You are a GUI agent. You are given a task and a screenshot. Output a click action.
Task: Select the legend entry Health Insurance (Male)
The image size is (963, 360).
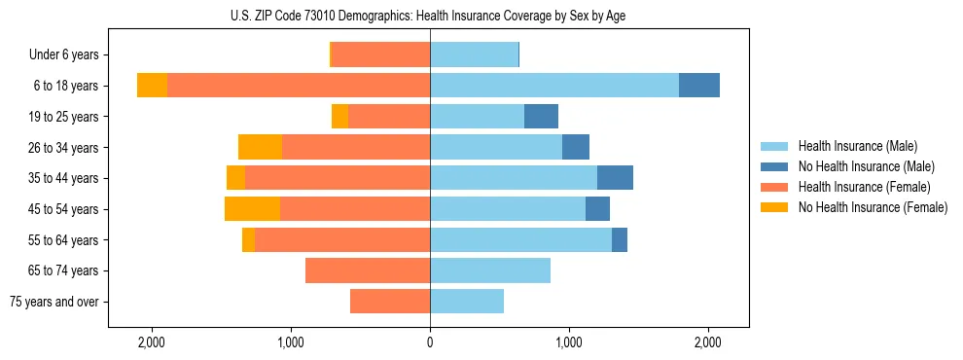[x=857, y=146]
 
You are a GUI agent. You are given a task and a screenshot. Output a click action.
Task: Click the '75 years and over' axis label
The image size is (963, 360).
[x=53, y=302]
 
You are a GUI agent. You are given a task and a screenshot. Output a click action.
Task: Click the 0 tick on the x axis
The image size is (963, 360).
[x=430, y=342]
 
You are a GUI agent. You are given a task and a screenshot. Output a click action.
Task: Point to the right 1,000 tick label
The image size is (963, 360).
[x=569, y=342]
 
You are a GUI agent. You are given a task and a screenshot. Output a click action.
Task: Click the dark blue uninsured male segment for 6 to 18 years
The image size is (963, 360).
[x=699, y=86]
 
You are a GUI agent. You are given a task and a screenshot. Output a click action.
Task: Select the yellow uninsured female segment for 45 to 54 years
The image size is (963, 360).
[x=252, y=209]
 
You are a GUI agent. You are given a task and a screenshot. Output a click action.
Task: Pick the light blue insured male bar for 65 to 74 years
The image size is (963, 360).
[x=490, y=270]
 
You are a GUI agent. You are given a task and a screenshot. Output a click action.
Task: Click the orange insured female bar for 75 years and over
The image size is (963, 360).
[x=390, y=302]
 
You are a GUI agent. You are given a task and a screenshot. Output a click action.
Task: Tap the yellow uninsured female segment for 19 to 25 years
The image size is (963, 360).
[x=339, y=117]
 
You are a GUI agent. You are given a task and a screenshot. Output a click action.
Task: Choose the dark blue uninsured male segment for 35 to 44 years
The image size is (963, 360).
[x=615, y=178]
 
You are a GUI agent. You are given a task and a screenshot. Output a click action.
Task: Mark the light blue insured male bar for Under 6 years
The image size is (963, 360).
[x=474, y=55]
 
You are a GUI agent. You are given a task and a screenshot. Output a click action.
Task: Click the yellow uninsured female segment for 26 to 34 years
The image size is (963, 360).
[x=260, y=148]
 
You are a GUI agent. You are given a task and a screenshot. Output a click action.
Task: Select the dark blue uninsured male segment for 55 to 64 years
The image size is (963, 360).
[x=620, y=240]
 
